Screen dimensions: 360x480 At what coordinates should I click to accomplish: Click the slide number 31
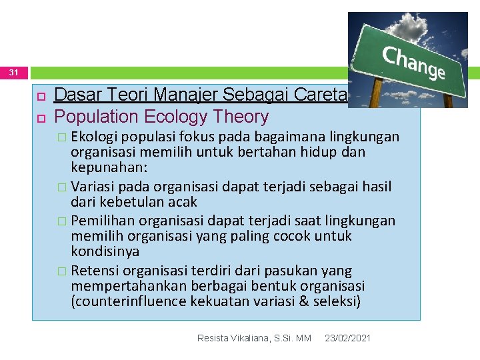tap(14, 72)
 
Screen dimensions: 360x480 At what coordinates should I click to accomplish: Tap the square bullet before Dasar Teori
tap(40, 96)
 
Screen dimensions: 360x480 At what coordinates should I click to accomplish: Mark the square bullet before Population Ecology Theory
tap(40, 117)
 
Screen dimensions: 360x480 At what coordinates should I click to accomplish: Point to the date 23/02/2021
tap(347, 339)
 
